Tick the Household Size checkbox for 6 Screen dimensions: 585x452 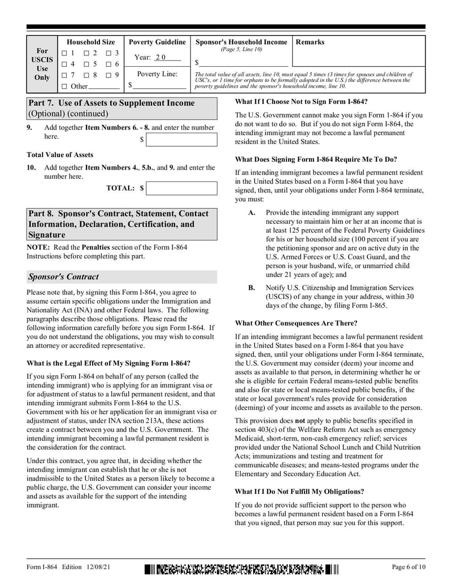point(108,64)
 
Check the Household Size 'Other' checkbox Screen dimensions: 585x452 point(64,86)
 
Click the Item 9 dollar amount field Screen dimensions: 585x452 point(181,140)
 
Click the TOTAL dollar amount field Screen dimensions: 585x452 point(181,188)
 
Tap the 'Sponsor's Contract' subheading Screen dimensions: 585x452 point(63,277)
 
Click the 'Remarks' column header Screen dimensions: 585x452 point(310,42)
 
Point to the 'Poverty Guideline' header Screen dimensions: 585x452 point(157,42)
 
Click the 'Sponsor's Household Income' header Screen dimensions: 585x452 point(241,42)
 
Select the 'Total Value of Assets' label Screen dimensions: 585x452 point(60,155)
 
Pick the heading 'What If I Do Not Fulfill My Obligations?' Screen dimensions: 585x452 point(299,491)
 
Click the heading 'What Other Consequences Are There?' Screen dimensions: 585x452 point(295,323)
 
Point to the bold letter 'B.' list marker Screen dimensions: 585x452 point(252,288)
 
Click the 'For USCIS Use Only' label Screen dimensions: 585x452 point(42,64)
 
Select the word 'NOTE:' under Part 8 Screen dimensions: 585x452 point(38,248)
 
